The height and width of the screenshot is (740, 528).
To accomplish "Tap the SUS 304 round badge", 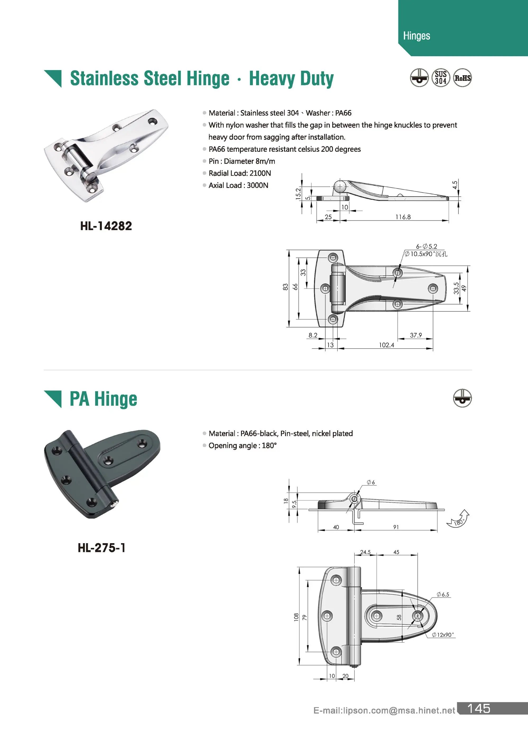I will point(441,78).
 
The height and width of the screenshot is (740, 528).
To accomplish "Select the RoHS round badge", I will point(462,78).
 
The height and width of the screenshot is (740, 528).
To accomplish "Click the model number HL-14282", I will point(106,226).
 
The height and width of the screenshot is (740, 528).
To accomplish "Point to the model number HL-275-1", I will point(101,548).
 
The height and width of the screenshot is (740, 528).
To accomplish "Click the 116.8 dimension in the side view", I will point(403,217).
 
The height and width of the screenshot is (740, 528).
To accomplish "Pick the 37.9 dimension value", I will point(416,335).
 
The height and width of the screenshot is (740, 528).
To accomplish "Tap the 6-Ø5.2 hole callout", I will point(426,246).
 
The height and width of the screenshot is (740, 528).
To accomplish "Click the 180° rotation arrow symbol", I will point(458,518).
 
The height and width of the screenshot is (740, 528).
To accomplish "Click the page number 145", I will point(479,709).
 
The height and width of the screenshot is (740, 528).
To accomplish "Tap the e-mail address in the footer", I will point(384,710).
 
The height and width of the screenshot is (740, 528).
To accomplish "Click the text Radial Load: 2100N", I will point(240,173).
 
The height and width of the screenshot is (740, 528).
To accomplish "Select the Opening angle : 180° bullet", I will point(242,445).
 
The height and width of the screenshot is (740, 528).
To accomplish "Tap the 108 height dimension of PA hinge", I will point(296,617).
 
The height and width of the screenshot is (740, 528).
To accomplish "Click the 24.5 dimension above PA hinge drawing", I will point(365,552).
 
